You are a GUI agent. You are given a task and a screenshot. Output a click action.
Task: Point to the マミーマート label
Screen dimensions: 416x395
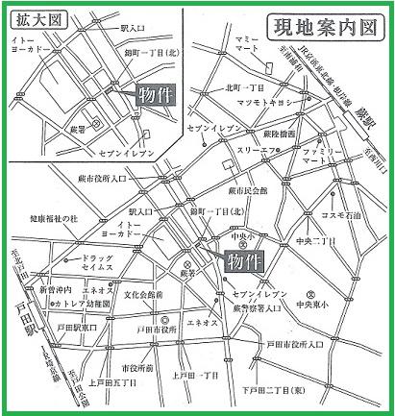[x=247, y=67]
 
